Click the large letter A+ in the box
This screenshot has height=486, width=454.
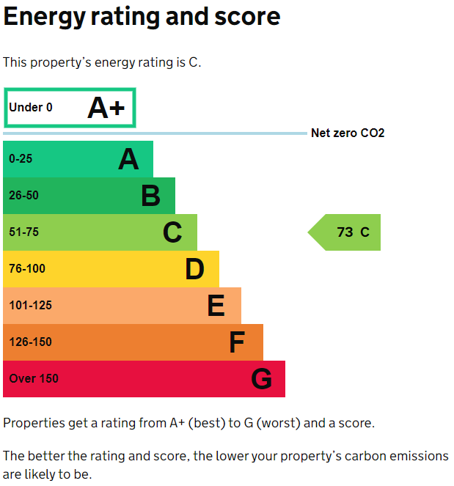106,108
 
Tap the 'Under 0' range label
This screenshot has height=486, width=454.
31,108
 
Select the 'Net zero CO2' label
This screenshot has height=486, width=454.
348,133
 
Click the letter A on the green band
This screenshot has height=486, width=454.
128,159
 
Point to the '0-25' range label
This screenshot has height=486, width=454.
21,159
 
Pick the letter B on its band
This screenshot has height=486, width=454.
150,196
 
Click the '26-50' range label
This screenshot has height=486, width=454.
24,196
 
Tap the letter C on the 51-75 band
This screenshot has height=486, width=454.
172,232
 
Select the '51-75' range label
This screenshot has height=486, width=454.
24,232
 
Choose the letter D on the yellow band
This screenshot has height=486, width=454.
194,269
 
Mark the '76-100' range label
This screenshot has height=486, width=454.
27,269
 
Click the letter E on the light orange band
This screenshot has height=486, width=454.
216,306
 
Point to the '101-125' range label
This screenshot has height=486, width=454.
31,306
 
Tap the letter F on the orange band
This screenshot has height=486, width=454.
236,342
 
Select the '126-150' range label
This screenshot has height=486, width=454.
31,342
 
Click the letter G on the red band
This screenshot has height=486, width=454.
261,379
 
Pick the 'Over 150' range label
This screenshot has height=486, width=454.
34,379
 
